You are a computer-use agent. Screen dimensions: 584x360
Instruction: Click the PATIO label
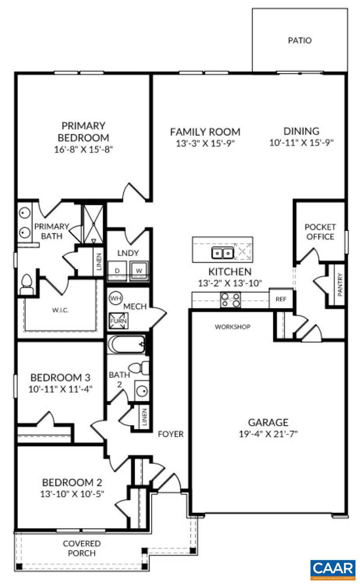[299, 40]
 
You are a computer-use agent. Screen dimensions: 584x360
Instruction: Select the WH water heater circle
[115, 298]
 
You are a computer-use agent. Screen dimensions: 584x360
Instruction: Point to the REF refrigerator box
[281, 300]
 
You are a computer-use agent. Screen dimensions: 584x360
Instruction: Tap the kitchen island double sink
[223, 253]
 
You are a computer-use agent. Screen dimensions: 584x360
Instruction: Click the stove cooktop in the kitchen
[229, 299]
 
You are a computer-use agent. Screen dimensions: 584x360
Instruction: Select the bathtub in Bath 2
[126, 345]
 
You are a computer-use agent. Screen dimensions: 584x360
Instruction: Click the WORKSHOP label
[232, 327]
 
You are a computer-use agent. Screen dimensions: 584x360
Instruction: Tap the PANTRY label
[340, 285]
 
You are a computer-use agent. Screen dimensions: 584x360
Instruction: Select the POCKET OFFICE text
[320, 232]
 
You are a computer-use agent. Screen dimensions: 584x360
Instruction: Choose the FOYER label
[171, 434]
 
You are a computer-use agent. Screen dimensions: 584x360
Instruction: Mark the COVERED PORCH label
[81, 548]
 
